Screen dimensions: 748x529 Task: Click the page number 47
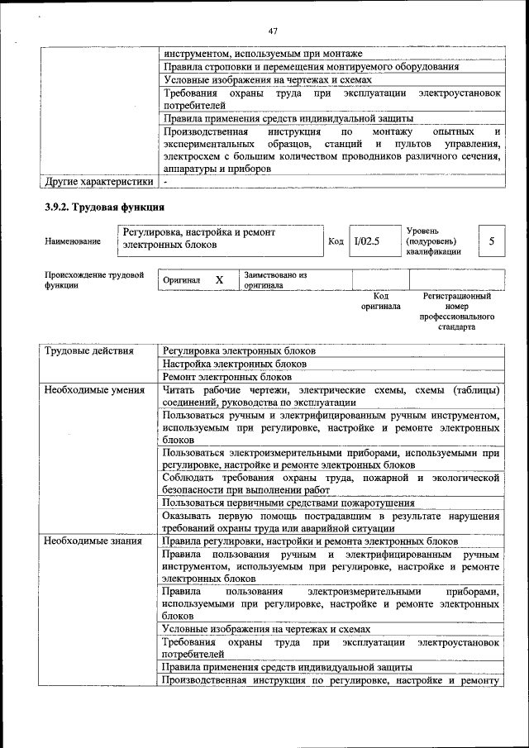272,31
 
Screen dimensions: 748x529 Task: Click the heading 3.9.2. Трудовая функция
105,207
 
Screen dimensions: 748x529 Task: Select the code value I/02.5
365,241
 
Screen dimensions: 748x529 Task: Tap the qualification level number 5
492,241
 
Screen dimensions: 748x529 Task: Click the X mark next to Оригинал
219,280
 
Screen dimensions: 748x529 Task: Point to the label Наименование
74,241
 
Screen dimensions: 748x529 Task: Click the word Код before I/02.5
336,241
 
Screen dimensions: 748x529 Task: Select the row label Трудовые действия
89,350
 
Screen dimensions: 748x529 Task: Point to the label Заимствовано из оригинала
275,280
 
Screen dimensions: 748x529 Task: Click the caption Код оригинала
381,301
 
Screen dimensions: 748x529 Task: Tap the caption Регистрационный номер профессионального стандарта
456,311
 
